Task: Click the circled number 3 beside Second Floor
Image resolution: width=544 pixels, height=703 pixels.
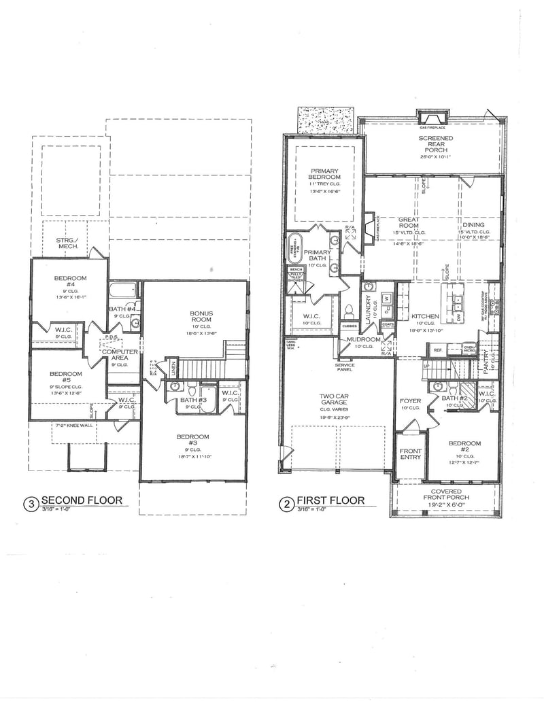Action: [x=31, y=504]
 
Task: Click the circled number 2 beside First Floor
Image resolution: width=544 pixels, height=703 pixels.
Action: [x=286, y=504]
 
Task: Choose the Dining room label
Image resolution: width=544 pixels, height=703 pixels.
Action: [x=473, y=225]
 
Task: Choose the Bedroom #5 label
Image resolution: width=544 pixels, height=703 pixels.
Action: [x=65, y=377]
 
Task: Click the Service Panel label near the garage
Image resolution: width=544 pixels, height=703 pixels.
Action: [x=345, y=368]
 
